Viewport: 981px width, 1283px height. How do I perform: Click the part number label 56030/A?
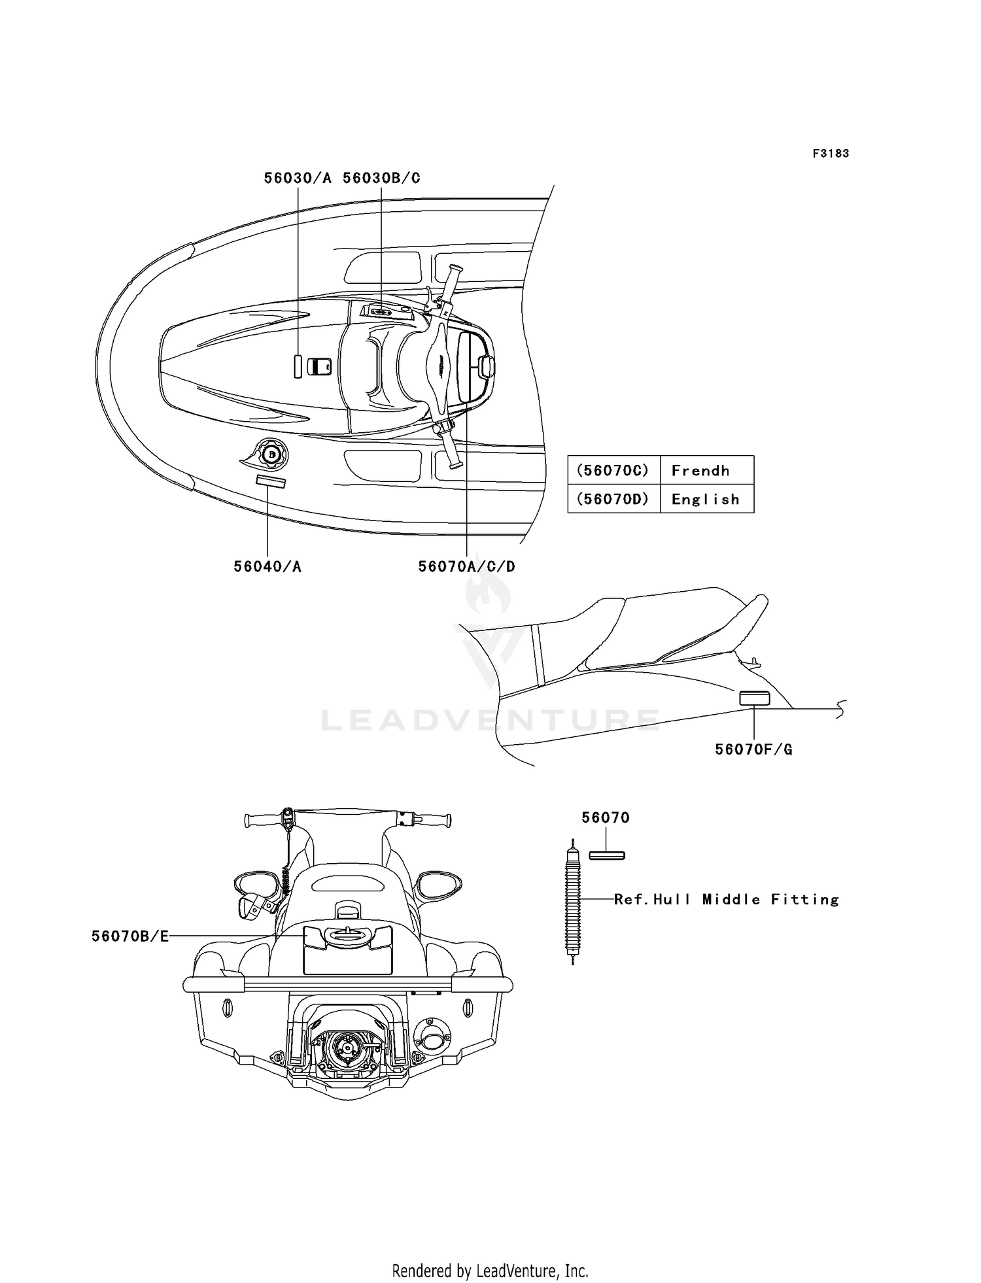298,178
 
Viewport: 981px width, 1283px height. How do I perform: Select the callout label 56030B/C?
381,178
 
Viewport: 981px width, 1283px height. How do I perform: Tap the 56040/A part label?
267,566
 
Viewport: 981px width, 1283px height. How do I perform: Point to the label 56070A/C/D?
466,566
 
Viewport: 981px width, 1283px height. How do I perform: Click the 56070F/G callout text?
753,749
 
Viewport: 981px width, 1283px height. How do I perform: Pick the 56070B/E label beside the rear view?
130,936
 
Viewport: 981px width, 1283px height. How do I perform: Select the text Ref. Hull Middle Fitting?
726,900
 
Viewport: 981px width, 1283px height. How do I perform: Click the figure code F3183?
831,154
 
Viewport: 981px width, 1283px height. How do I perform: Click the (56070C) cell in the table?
613,471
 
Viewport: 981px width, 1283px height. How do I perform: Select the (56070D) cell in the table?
613,500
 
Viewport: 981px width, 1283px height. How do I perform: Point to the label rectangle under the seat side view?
754,698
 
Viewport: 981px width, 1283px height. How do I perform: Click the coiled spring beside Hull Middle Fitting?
573,902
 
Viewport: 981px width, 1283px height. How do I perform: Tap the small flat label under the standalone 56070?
607,855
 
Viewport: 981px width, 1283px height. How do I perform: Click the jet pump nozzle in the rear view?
344,1048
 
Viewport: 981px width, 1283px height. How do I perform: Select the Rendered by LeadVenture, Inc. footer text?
490,1271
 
